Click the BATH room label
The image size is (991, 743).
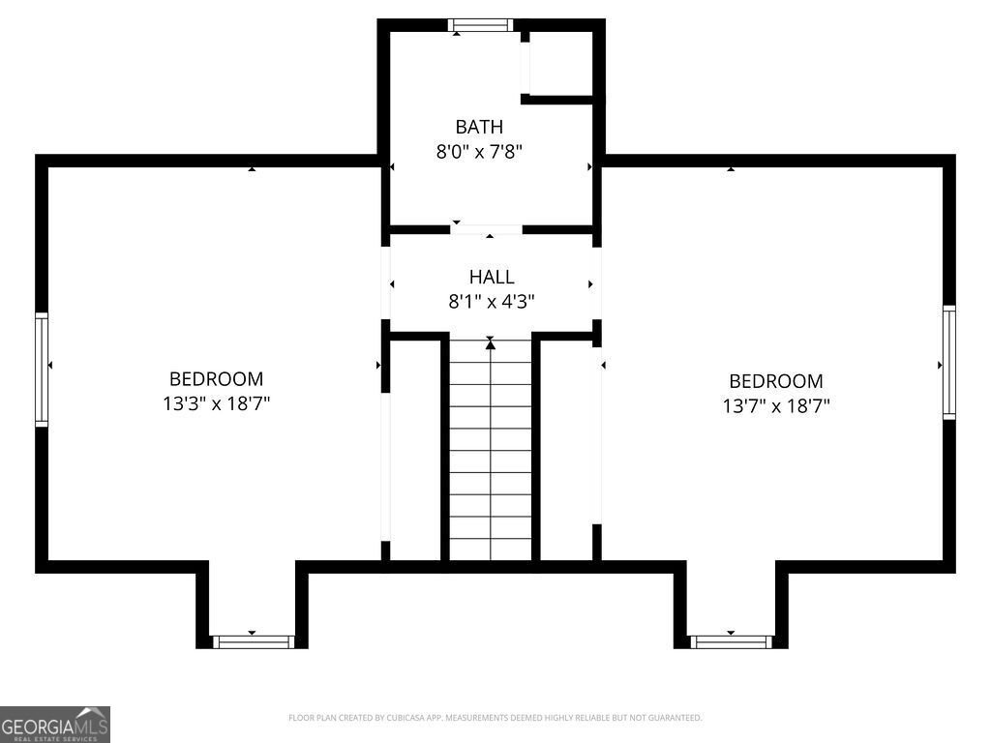pos(479,126)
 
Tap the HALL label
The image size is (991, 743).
pos(492,278)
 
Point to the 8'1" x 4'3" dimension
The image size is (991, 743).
pos(492,302)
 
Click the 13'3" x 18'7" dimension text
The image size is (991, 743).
pos(216,403)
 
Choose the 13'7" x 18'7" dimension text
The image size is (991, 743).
pos(776,405)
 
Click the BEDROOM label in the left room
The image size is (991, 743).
pos(216,379)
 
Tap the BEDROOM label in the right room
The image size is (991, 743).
pos(776,381)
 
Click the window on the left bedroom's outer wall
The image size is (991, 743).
pos(42,370)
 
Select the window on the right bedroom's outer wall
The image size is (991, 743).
pos(949,362)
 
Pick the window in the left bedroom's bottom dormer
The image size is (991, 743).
pos(253,640)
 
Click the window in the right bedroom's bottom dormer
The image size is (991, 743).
pos(731,640)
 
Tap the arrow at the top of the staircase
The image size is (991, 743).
pos(491,343)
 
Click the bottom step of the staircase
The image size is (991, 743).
pos(491,551)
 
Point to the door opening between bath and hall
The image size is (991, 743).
pos(487,230)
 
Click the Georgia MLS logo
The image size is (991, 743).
pos(55,725)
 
